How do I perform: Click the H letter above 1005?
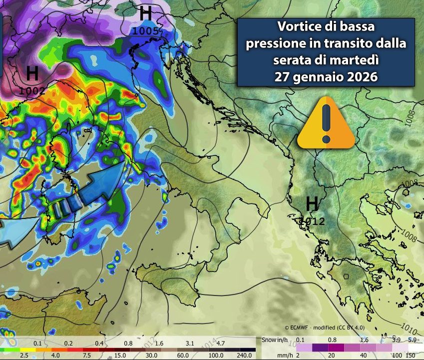click(145, 13)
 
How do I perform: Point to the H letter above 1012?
click(312, 204)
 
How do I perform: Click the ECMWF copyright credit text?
click(325, 327)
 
